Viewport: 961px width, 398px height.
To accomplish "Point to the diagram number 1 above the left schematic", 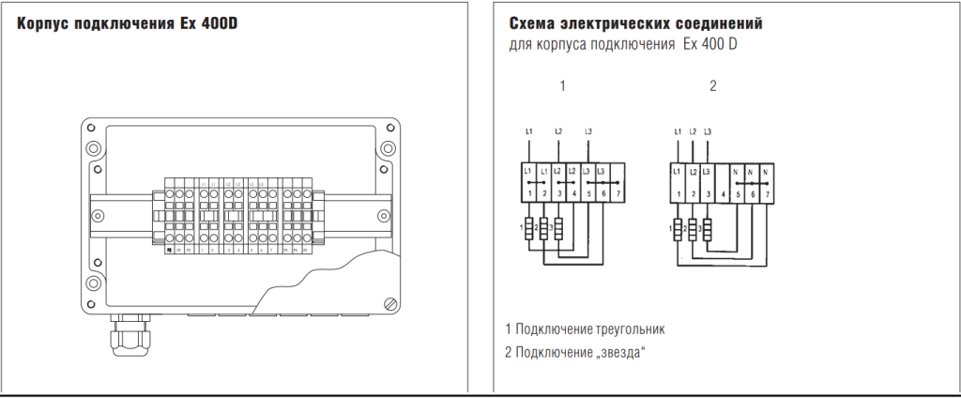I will [x=563, y=86].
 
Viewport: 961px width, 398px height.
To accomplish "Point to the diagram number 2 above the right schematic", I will [x=713, y=86].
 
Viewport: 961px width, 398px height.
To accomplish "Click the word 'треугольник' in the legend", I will [x=630, y=329].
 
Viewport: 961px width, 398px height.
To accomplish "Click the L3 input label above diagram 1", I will [x=588, y=130].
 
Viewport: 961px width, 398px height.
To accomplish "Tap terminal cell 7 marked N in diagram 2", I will [x=767, y=183].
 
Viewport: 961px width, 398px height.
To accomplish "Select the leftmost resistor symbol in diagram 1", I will [x=528, y=228].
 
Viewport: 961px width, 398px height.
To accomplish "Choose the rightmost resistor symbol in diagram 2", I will [x=708, y=228].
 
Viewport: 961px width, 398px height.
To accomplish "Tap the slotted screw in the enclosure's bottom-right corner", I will [x=390, y=302].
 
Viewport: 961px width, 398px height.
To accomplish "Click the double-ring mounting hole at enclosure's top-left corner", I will [x=93, y=147].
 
